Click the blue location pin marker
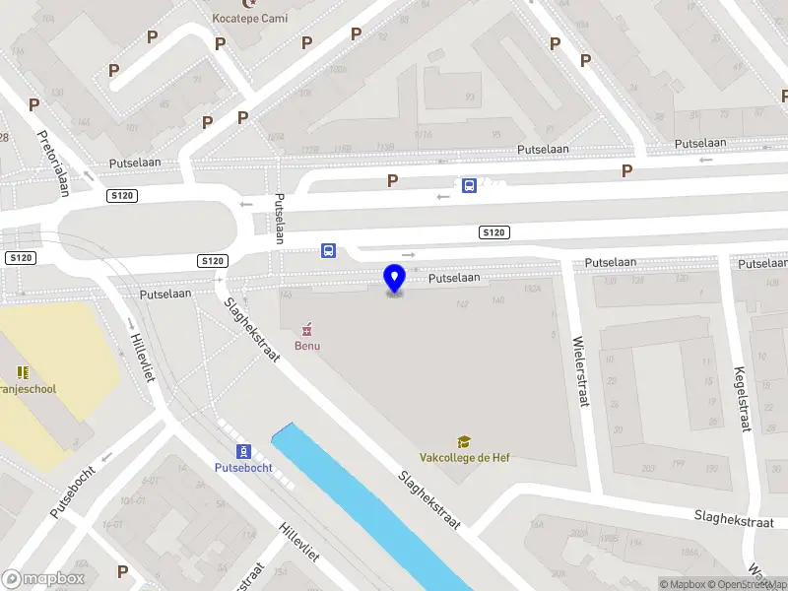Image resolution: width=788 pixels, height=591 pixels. [x=394, y=279]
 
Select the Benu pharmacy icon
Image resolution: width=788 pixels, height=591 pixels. [x=306, y=328]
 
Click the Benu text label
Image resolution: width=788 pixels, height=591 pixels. [x=306, y=346]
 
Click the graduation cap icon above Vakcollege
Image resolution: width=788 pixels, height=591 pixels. [x=462, y=442]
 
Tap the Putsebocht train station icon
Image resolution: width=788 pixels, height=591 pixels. [x=243, y=450]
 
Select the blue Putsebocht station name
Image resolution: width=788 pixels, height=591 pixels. [x=243, y=467]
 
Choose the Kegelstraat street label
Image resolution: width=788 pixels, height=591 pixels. [x=741, y=399]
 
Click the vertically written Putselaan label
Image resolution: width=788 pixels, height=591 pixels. [x=279, y=218]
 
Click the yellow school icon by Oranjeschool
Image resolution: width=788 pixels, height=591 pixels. [x=22, y=372]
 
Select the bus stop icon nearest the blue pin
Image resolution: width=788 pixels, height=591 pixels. [x=328, y=250]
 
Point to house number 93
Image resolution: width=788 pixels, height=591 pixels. [x=470, y=98]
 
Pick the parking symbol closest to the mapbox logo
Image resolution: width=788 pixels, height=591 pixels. [x=122, y=570]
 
